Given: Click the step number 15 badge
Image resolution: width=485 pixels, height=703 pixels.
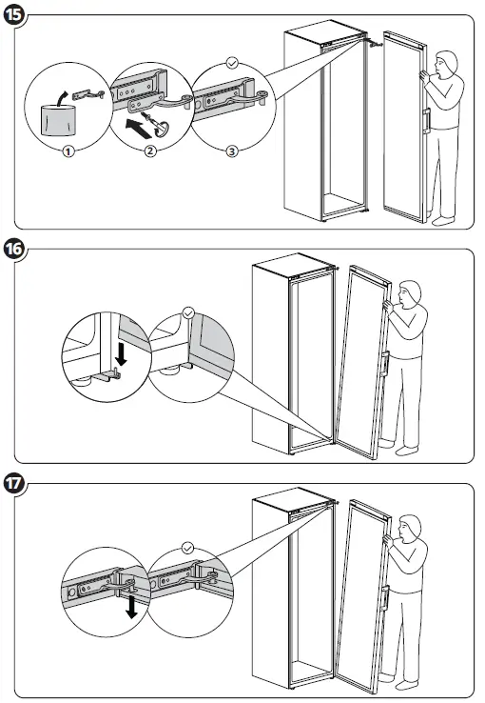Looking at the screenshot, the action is tap(14, 14).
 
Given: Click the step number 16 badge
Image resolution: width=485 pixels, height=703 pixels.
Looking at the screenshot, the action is tap(14, 249).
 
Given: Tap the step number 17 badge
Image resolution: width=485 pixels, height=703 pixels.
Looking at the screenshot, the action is tap(14, 483).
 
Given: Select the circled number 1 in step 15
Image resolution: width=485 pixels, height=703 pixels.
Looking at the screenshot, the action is tap(68, 152).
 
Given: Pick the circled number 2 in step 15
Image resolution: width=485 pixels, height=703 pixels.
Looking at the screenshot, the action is tap(150, 151).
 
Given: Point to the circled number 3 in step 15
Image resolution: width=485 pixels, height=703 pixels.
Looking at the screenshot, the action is tap(231, 151).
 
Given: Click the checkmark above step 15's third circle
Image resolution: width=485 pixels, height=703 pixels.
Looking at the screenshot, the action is tap(232, 63).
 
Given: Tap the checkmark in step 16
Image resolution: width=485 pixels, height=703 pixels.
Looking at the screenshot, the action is tap(189, 312).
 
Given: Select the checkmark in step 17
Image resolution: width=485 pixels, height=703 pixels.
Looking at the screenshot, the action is tap(188, 548).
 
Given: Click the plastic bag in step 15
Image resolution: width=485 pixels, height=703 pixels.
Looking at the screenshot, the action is tap(59, 120).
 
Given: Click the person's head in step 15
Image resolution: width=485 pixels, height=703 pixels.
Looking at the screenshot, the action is tap(446, 64).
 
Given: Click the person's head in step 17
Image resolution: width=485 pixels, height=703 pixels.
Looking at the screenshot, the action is tap(410, 528).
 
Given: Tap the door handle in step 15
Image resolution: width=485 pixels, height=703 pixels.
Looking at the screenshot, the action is tap(426, 120).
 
